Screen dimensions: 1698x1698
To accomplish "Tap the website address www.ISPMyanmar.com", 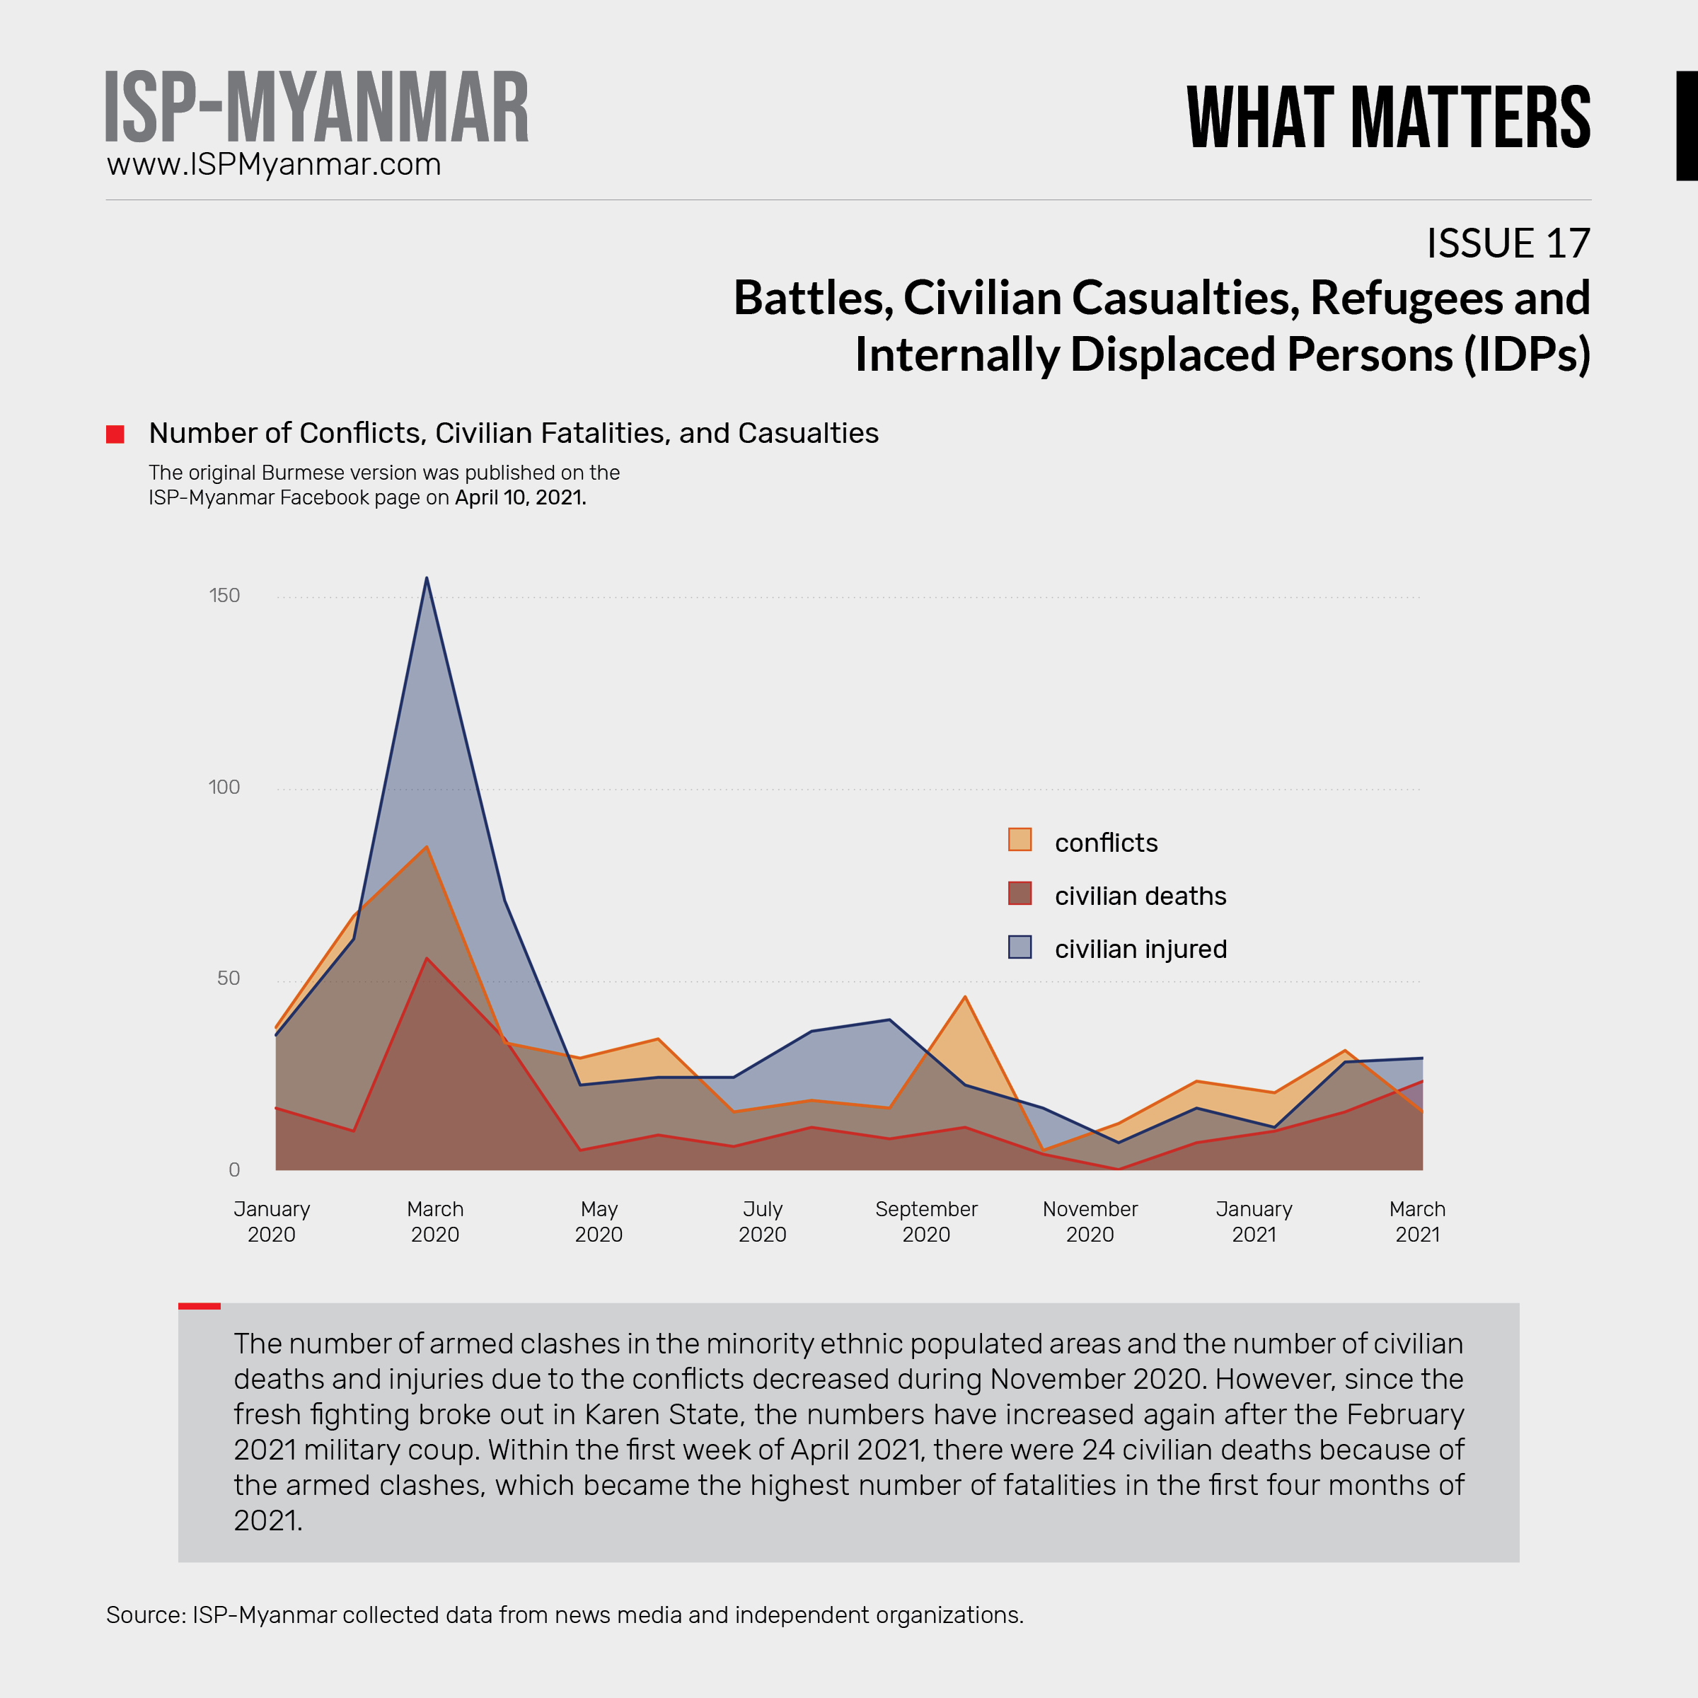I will [273, 164].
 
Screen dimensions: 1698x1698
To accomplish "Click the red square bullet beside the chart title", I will [115, 434].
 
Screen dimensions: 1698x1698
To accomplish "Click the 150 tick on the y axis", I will [224, 596].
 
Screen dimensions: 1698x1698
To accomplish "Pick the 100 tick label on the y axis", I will [224, 787].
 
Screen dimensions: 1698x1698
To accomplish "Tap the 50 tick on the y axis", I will [229, 978].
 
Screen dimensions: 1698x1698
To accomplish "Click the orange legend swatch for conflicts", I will [1020, 839].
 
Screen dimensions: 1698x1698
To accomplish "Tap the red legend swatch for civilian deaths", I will [1020, 893].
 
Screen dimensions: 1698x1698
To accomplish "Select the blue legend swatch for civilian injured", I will [1020, 947].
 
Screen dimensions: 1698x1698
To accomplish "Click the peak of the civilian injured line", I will [427, 578].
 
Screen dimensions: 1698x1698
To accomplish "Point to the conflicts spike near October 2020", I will [965, 997].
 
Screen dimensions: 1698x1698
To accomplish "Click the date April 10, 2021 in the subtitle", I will [519, 498].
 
